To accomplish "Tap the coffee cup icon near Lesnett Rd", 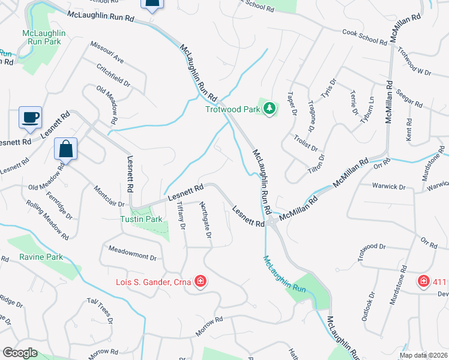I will tap(30, 117).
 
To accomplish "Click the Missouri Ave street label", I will tap(107, 52).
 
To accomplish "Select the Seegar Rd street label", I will tap(409, 100).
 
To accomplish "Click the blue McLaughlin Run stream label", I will tap(286, 274).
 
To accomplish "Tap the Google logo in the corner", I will tap(20, 352).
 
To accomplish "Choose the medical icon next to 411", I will tap(424, 281).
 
